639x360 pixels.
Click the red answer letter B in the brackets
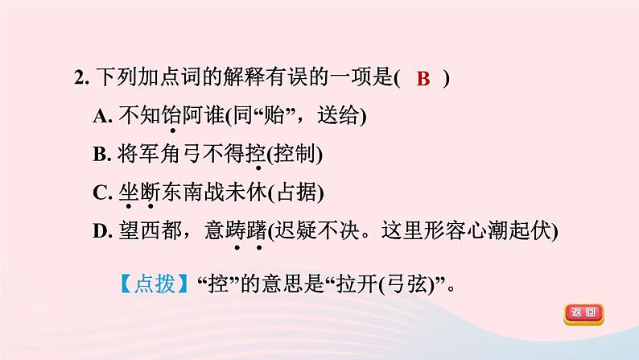tap(425, 79)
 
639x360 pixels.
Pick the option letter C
tap(101, 192)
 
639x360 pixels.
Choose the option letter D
tap(101, 230)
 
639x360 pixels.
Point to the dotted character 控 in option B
tap(257, 154)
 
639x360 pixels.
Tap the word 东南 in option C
tap(182, 192)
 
